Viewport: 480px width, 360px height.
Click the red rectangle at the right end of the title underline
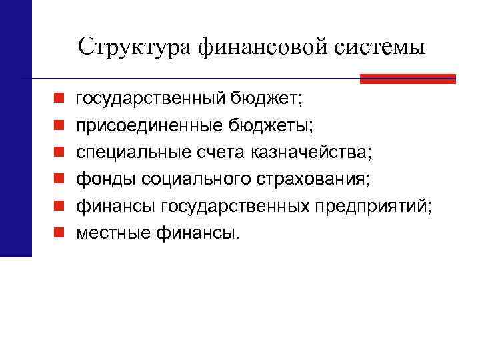click(x=407, y=79)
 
